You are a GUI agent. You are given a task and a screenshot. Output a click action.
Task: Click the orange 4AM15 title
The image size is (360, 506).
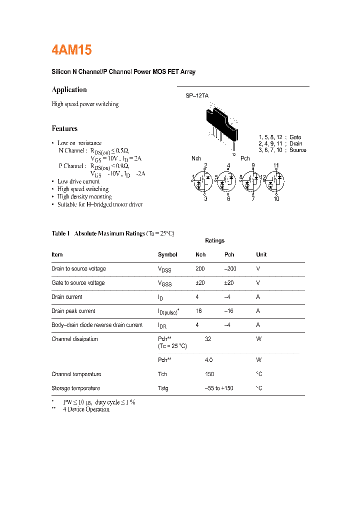[x=71, y=50]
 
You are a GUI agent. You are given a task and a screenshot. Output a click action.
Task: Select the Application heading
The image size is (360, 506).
[x=69, y=90]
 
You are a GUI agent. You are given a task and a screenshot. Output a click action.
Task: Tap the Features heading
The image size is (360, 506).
[x=64, y=128]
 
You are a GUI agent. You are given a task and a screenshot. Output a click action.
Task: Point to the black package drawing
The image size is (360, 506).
[x=222, y=123]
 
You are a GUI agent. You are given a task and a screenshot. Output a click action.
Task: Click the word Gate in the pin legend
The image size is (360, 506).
[x=295, y=137]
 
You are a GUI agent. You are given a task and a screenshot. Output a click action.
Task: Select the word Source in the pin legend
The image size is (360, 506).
[x=297, y=150]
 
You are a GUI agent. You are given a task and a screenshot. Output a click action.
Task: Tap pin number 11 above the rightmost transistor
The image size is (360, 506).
[x=276, y=165]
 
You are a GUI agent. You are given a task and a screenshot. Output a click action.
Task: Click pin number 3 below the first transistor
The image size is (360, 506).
[x=205, y=199]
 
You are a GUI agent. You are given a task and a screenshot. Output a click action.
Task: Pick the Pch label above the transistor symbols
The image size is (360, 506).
[x=245, y=158]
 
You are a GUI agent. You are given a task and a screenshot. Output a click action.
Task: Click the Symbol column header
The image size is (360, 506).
[x=167, y=254]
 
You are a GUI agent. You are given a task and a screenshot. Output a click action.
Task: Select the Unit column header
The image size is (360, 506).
[x=261, y=254]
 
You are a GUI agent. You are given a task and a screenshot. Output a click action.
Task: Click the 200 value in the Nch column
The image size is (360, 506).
[x=200, y=268]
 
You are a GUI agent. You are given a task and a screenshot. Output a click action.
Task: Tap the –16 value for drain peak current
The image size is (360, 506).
[x=229, y=310]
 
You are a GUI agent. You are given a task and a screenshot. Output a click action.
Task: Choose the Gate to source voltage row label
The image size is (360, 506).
[x=78, y=282]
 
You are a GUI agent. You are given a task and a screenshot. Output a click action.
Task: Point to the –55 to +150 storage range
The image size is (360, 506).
[x=218, y=388]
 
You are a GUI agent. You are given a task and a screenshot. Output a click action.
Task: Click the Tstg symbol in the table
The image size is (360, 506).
[x=163, y=388]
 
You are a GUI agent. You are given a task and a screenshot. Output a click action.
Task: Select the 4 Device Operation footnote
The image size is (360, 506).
[x=86, y=409]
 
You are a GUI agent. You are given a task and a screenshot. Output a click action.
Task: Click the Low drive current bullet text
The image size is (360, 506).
[x=78, y=181]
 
